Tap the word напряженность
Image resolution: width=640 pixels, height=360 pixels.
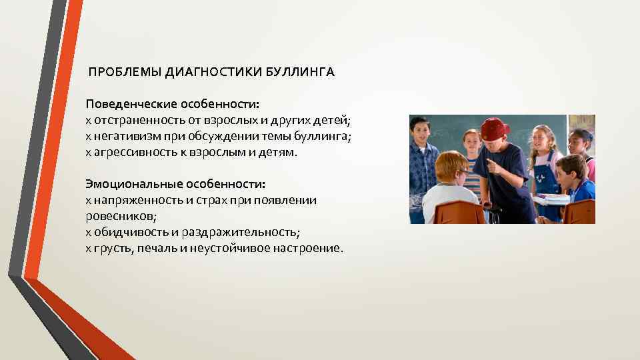point(131,199)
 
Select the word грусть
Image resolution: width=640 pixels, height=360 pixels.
point(110,248)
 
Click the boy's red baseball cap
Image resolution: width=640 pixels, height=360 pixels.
point(494,127)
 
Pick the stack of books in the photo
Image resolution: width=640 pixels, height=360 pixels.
point(552,198)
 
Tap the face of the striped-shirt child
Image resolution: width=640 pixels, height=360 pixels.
point(471,144)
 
